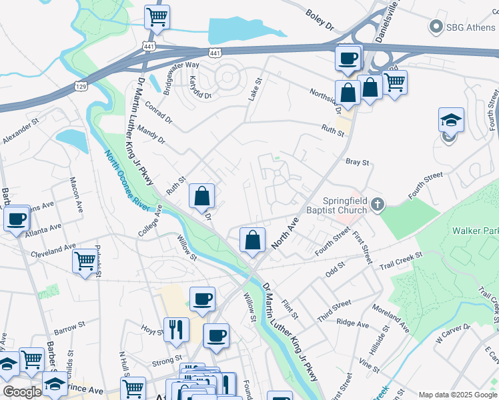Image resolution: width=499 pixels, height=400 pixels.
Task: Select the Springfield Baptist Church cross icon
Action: click(x=378, y=205)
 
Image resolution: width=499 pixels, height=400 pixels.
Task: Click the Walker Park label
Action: click(x=474, y=231)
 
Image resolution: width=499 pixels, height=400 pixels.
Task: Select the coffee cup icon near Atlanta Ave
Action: click(x=17, y=218)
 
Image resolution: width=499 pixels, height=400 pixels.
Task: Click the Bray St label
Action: click(x=357, y=162)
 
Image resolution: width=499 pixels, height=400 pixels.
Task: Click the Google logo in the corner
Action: click(x=22, y=392)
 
